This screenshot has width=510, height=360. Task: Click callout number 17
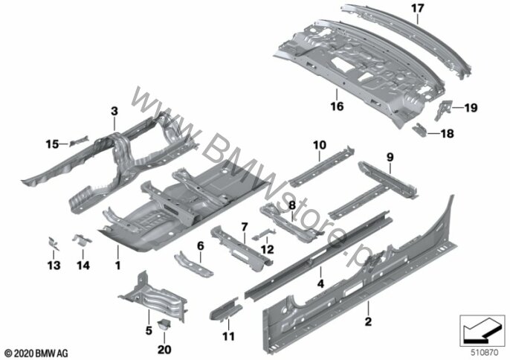pyautogui.click(x=417, y=8)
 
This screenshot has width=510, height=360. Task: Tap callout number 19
pyautogui.click(x=470, y=109)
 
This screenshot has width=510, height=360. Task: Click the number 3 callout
pyautogui.click(x=114, y=112)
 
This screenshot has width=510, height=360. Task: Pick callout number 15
pyautogui.click(x=51, y=143)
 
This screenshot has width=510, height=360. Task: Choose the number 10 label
pyautogui.click(x=319, y=144)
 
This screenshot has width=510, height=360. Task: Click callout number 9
pyautogui.click(x=388, y=157)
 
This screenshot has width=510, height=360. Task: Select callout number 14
pyautogui.click(x=83, y=265)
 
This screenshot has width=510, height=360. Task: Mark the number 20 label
pyautogui.click(x=164, y=349)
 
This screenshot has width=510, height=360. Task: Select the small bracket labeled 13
pyautogui.click(x=53, y=242)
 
